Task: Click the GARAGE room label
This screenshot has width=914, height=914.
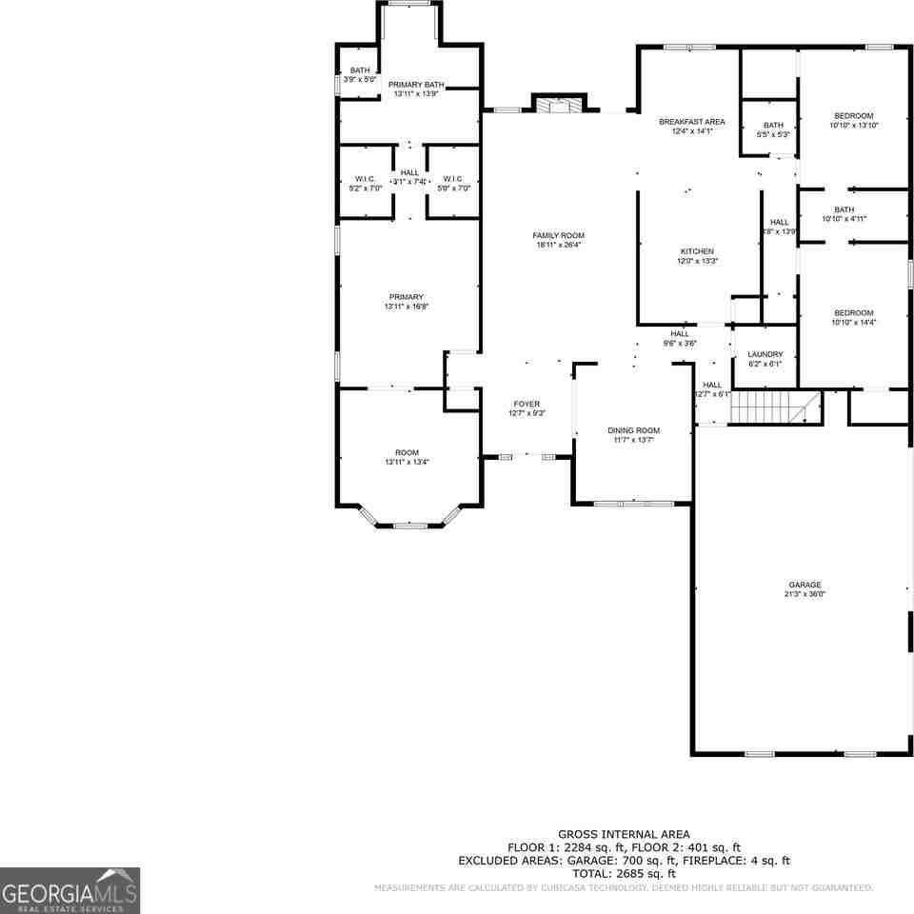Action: pos(804,585)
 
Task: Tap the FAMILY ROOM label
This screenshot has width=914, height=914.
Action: pos(559,235)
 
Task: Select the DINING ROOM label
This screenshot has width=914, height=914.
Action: pos(633,430)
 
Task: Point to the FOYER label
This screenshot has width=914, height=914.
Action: pos(526,404)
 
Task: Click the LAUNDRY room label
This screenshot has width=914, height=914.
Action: pos(765,354)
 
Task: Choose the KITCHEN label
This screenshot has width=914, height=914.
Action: pos(697,251)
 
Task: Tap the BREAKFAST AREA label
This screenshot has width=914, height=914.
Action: pos(692,122)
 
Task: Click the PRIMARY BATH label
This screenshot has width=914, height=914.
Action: pos(416,85)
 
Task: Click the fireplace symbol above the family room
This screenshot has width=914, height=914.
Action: pos(559,105)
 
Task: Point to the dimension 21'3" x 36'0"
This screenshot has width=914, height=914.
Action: pos(804,594)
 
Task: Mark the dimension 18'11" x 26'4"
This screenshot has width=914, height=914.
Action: pos(559,245)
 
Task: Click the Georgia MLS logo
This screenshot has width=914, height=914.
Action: pos(70,890)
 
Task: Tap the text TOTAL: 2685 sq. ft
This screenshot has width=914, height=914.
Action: pos(624,873)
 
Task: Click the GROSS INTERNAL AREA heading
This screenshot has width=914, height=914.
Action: pos(624,834)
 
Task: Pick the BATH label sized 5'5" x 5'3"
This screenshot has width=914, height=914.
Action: pos(773,125)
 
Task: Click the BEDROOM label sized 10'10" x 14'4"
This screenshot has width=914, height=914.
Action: pos(853,313)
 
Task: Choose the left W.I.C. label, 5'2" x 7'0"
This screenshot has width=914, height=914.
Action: pos(366,179)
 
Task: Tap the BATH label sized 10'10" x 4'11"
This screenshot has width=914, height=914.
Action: pos(844,209)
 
